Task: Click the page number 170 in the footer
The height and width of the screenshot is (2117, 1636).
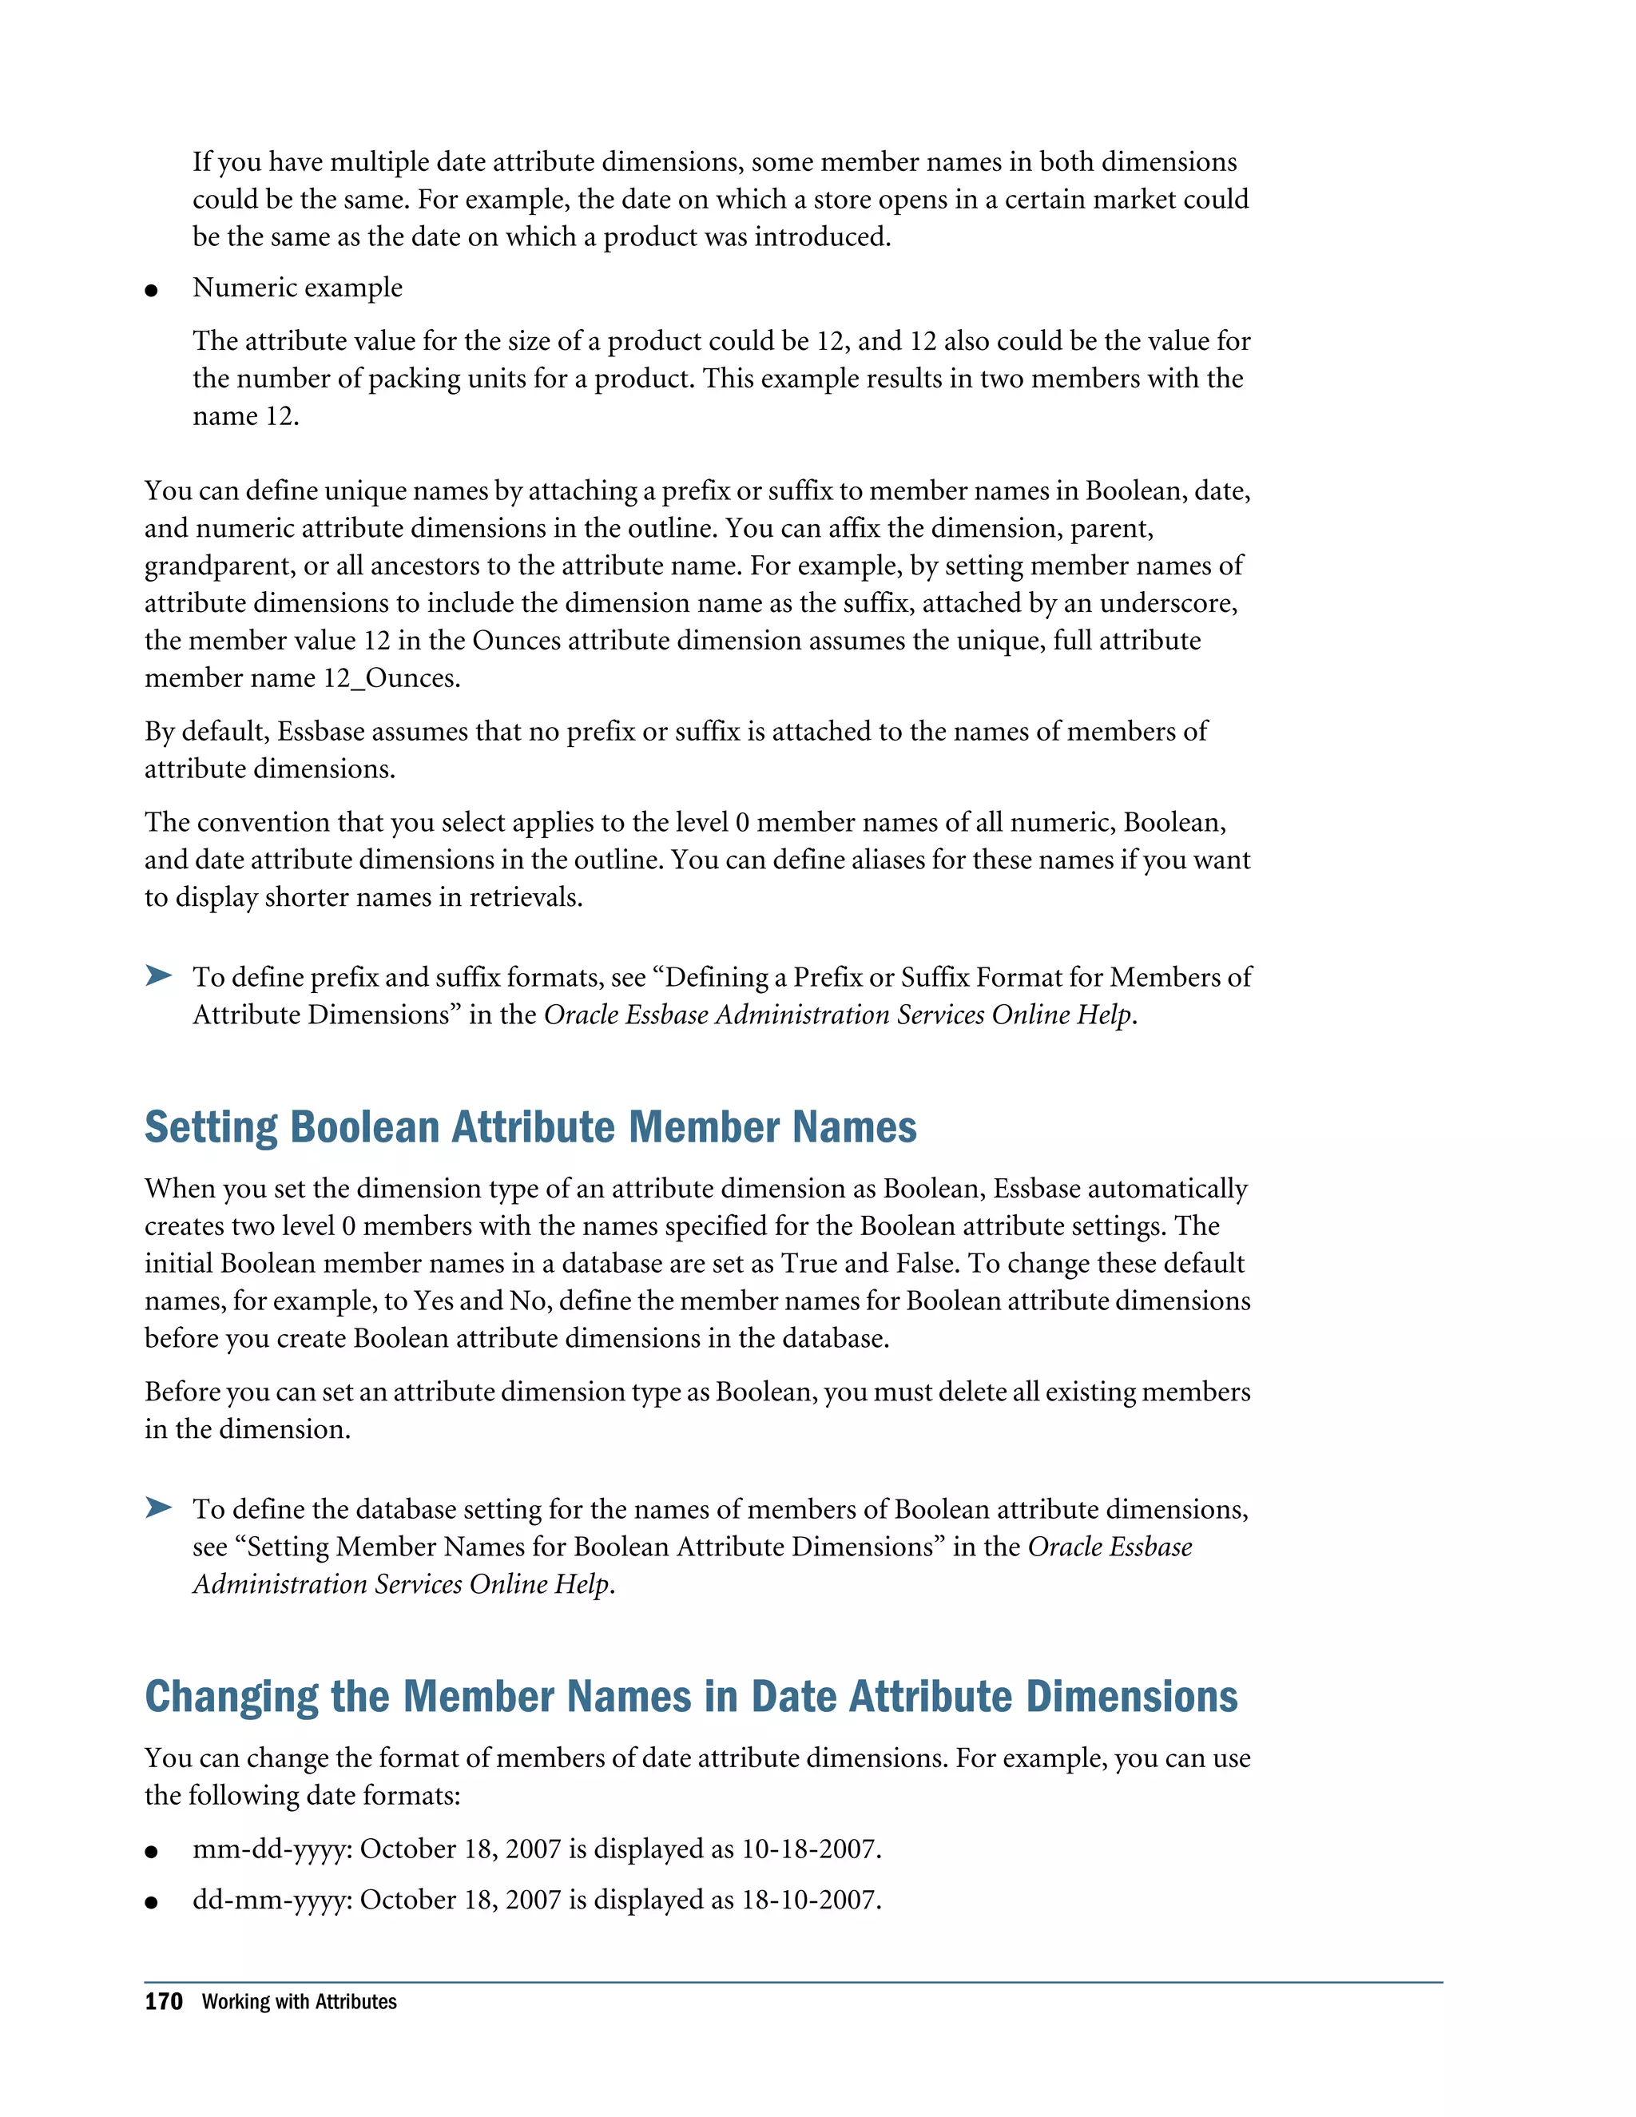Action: pos(164,2002)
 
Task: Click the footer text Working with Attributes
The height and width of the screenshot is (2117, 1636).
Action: pos(300,2002)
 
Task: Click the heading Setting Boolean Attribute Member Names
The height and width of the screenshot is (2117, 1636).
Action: pos(530,1127)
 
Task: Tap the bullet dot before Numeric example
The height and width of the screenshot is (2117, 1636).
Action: pos(151,290)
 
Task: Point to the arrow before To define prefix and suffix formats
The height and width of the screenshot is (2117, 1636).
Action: pos(159,975)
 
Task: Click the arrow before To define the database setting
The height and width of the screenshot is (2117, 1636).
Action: pos(159,1507)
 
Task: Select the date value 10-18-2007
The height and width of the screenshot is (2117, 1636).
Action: pos(810,1849)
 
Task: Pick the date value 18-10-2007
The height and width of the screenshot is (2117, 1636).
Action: pos(810,1900)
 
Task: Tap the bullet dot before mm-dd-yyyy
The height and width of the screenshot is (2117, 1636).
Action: pos(151,1852)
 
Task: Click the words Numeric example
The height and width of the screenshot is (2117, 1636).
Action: pos(297,288)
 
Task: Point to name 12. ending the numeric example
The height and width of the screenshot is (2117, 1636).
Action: pos(245,417)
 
